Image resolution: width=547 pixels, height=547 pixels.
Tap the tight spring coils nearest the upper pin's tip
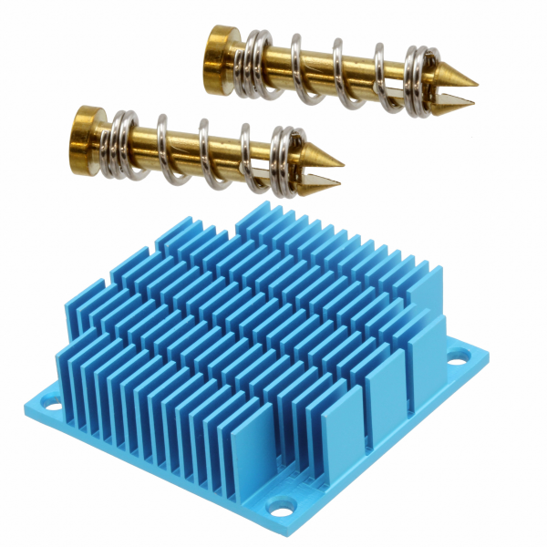tap(418, 80)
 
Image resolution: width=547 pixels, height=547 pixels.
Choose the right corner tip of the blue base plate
tap(488, 351)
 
